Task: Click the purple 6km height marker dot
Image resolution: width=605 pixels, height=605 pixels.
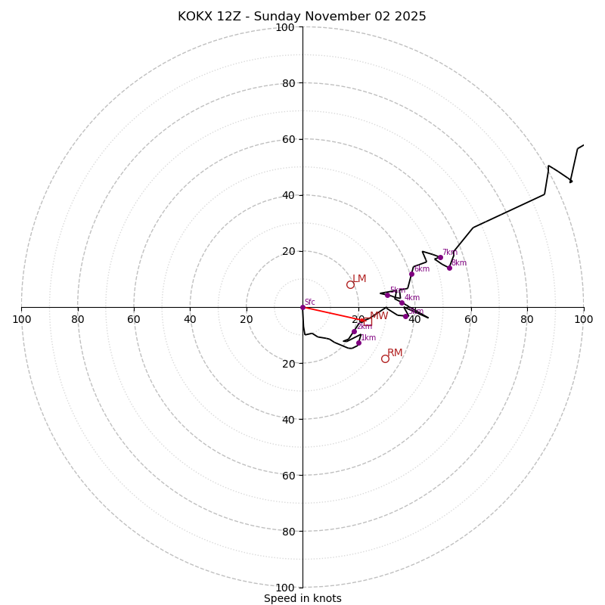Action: point(411,274)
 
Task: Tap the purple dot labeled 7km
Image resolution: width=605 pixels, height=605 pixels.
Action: point(440,257)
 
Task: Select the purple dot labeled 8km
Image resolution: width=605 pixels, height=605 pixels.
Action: point(449,268)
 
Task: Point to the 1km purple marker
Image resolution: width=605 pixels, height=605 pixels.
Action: point(358,343)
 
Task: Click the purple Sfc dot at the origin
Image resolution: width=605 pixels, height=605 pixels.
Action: point(302,307)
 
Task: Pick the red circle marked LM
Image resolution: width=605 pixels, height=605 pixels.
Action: point(350,284)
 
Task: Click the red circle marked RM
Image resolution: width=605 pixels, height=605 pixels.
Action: point(385,358)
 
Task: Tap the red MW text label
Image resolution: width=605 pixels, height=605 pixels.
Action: point(379,316)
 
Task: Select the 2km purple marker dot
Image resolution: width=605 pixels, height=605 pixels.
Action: point(354,331)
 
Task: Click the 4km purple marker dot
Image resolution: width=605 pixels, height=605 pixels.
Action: point(402,302)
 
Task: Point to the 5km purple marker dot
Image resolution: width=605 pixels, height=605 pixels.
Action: point(387,295)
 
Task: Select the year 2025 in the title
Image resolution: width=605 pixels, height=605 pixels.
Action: point(409,17)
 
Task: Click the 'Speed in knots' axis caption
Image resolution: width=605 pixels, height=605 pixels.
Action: point(302,598)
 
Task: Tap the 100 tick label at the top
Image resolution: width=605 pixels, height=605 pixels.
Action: point(285,27)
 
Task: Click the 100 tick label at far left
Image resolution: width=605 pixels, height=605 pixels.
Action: point(21,319)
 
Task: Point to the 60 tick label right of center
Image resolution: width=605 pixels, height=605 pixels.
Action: point(471,319)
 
